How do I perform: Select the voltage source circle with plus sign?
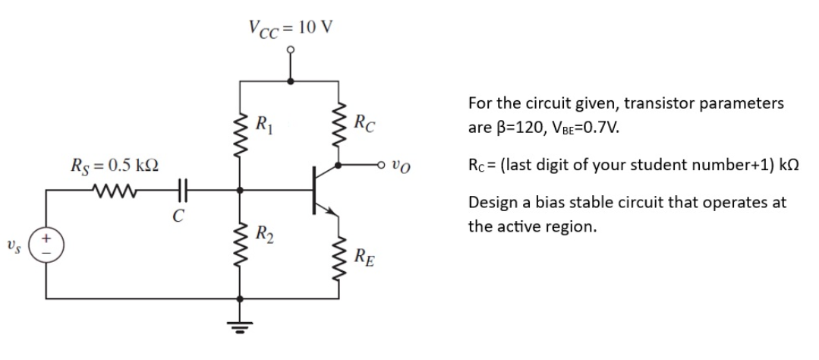coord(49,247)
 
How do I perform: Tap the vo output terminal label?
coord(402,165)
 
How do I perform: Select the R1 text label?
coord(264,121)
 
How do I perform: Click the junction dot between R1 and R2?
coord(241,189)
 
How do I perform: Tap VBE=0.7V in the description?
coord(584,126)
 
